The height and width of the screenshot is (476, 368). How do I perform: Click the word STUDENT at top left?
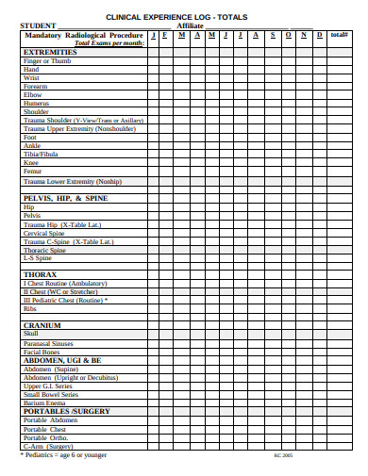pos(38,25)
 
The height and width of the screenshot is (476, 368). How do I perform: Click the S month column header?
pos(274,35)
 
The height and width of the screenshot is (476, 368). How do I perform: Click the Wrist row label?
pos(32,78)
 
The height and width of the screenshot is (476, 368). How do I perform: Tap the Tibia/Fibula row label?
pos(41,155)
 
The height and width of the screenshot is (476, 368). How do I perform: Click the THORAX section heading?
pos(40,274)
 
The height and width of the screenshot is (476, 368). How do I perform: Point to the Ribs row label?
pos(30,307)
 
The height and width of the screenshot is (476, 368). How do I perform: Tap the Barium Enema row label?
pos(45,402)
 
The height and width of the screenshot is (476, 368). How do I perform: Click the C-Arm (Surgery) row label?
pos(48,446)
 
